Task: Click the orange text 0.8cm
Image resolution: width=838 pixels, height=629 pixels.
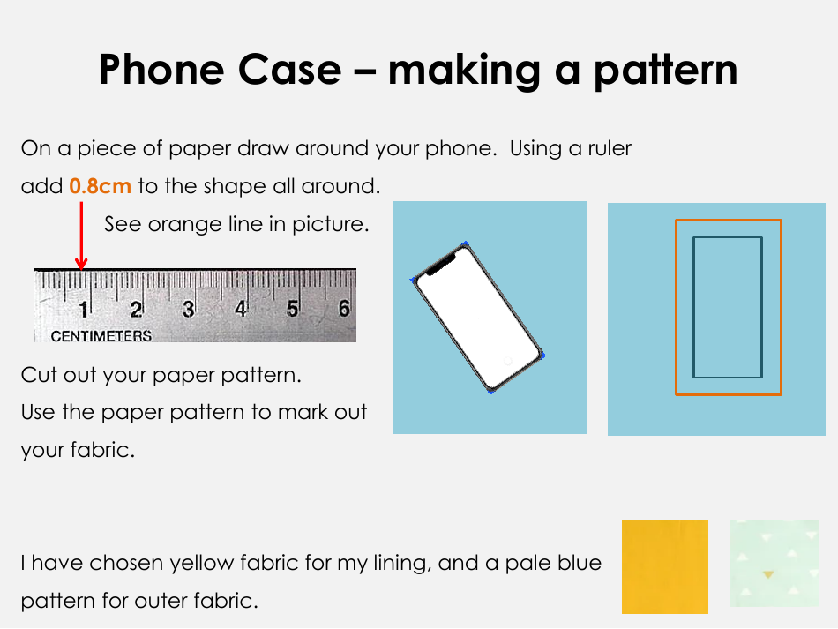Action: point(100,186)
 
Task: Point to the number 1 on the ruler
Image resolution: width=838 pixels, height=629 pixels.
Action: point(85,310)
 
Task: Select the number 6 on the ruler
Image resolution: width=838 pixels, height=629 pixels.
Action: point(344,309)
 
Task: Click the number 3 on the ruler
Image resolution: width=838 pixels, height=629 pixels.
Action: point(188,310)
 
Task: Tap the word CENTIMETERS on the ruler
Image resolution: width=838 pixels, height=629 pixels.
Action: point(101,336)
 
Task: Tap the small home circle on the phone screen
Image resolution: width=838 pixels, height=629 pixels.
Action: point(507,361)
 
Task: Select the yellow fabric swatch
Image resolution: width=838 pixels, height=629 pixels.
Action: point(664,566)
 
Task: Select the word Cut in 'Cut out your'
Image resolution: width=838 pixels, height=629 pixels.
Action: point(39,375)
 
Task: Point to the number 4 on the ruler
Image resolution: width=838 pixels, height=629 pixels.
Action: point(240,310)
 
